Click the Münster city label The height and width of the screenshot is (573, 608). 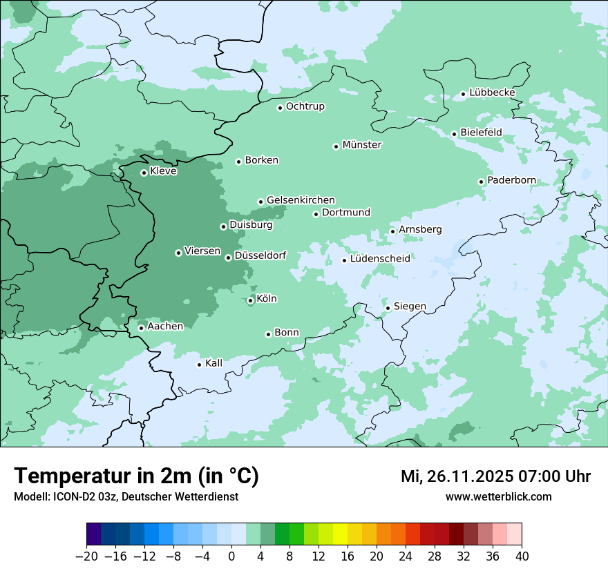[x=362, y=145]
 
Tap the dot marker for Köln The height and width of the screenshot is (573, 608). [x=250, y=300]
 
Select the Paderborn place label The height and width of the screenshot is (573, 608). [x=511, y=181]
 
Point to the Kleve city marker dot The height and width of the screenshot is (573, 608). [x=144, y=173]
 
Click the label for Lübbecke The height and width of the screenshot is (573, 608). [x=492, y=93]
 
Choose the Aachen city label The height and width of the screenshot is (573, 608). [x=165, y=327]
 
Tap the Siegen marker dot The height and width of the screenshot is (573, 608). [x=388, y=308]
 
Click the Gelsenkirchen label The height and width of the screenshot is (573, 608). [x=301, y=200]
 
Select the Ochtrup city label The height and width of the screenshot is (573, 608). [x=305, y=106]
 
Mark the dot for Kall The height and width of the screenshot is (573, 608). [x=199, y=365]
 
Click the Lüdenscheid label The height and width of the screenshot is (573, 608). [x=380, y=259]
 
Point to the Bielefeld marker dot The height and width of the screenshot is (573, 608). [x=454, y=134]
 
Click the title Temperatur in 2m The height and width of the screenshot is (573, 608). [x=136, y=476]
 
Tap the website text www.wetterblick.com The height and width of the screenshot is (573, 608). [x=498, y=497]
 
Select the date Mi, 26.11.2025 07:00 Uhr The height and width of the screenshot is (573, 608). [x=495, y=476]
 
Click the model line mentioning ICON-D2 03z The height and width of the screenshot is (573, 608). [x=126, y=497]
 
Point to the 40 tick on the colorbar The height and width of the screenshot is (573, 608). [x=522, y=556]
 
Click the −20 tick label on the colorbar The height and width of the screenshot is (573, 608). [x=86, y=556]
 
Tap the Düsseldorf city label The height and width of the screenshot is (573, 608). [x=260, y=256]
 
